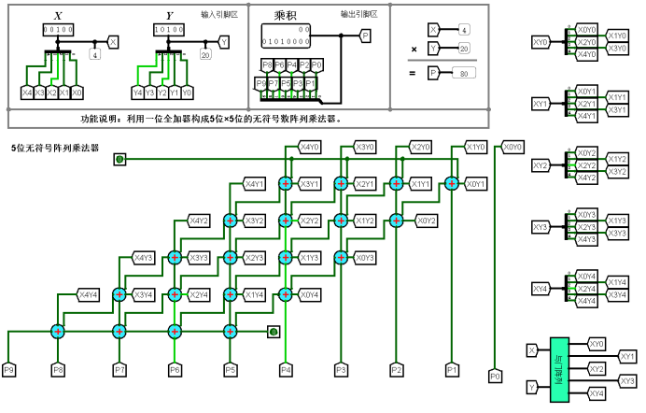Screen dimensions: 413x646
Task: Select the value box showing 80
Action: click(x=461, y=73)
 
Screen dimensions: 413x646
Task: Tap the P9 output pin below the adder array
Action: click(x=9, y=370)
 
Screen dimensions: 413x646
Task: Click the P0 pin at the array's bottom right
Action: click(x=495, y=377)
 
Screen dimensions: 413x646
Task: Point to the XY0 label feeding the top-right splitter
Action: click(x=541, y=42)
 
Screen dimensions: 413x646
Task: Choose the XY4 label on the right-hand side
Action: click(x=541, y=289)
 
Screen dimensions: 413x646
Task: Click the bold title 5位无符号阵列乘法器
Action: click(x=56, y=148)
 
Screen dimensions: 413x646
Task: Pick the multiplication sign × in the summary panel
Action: click(x=414, y=49)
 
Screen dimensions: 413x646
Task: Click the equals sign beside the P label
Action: click(x=413, y=73)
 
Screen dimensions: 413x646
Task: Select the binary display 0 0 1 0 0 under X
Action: click(x=57, y=30)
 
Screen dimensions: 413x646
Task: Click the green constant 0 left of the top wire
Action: click(x=119, y=159)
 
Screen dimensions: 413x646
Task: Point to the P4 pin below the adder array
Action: click(x=286, y=370)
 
